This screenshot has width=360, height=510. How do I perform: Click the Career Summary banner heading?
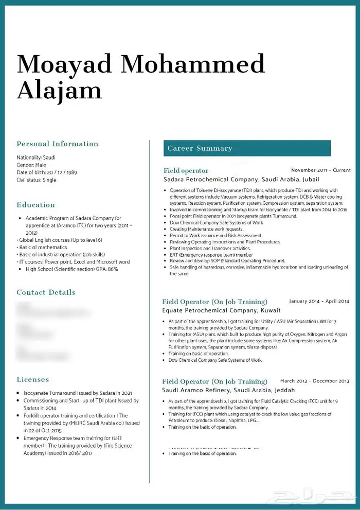point(200,148)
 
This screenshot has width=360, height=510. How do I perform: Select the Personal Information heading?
point(57,144)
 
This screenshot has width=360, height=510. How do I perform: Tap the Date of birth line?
point(46,172)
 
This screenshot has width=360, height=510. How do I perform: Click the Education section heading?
point(35,205)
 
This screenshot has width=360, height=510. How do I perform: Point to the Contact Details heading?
point(46,292)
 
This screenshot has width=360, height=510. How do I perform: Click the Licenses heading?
point(32,380)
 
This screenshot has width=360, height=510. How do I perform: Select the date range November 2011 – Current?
point(320,170)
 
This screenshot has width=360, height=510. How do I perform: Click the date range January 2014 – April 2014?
point(319,302)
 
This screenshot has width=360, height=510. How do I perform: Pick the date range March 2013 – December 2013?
point(315,381)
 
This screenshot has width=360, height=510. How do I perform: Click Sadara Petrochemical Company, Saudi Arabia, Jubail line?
point(241,180)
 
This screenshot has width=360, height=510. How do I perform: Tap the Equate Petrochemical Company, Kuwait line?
point(221,310)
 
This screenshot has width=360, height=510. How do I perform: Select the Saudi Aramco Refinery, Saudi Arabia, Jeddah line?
point(228,390)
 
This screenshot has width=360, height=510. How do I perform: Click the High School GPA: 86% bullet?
point(71,269)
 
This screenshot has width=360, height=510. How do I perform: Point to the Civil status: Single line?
point(37,180)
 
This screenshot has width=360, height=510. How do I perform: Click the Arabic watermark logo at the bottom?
point(313,497)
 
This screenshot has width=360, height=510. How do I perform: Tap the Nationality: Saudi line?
point(36,157)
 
